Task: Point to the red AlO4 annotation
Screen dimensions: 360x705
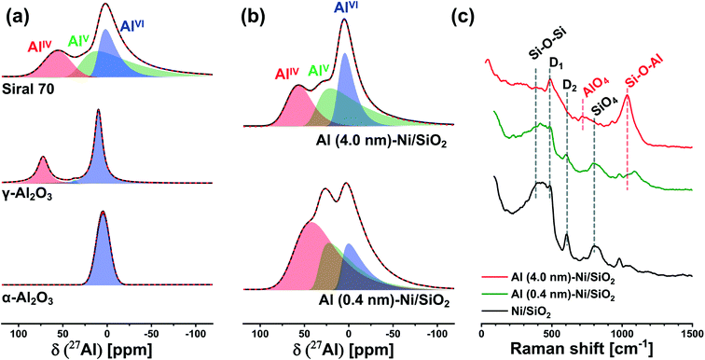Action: (597, 88)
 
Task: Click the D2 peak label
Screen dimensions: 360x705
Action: (569, 84)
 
